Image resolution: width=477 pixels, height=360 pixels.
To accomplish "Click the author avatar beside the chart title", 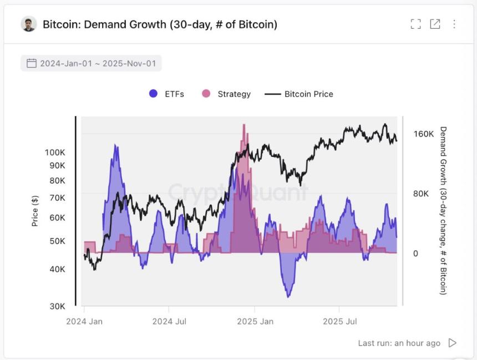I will tap(29, 24).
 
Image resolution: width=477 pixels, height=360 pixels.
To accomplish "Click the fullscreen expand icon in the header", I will tap(415, 24).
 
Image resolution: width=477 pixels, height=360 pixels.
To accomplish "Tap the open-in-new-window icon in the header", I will tap(435, 24).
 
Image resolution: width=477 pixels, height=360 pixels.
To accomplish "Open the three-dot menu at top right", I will tap(454, 24).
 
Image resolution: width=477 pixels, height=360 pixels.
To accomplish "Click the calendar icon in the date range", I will tap(31, 63).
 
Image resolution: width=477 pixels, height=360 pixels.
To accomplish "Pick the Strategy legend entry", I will tap(226, 94).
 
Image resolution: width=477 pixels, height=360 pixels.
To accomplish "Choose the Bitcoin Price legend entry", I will tap(299, 94).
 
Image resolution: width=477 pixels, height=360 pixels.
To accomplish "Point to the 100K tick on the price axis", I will tap(55, 152).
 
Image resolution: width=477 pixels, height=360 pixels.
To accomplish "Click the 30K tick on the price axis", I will tap(57, 306).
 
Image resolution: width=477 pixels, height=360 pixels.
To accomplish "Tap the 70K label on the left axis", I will tap(57, 197).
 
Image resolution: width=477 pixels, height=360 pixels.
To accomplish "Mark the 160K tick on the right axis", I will tap(424, 134).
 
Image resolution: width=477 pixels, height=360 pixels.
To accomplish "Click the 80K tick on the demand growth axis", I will tap(422, 194).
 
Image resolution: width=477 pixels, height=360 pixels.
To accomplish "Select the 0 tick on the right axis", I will tap(416, 253).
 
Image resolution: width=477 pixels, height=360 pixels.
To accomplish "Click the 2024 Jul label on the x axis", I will tap(169, 321).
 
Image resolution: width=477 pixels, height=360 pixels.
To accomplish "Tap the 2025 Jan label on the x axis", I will tap(255, 321).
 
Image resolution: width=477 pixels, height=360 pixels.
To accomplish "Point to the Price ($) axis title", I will tap(35, 211).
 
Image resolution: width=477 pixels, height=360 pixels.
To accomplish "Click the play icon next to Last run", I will tap(453, 343).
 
